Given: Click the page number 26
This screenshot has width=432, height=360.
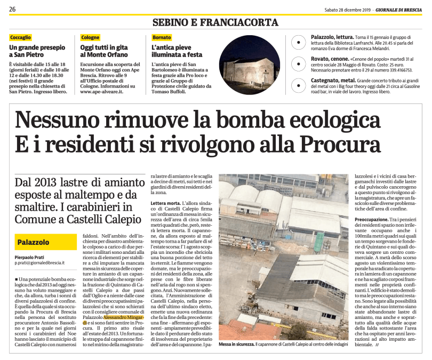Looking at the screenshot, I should point(12,9).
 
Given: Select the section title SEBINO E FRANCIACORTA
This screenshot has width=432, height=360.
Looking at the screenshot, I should point(215,22).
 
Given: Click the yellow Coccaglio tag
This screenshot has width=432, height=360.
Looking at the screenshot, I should point(21,38).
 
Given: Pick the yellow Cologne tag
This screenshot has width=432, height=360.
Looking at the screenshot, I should point(90,38).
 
